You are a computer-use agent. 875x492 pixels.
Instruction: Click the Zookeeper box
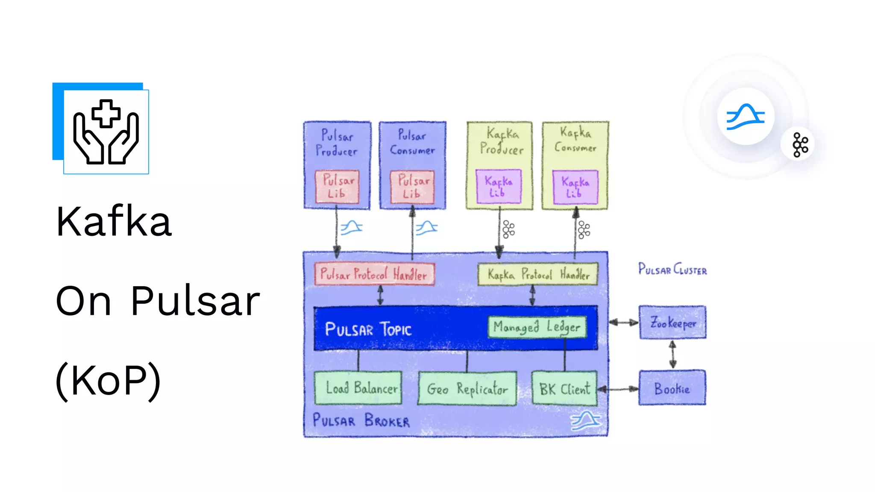672,322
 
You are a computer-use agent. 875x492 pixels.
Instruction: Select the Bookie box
672,388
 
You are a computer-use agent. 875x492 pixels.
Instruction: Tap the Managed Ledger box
537,327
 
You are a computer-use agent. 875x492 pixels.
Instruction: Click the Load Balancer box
358,388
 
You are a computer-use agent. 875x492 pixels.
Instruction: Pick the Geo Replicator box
467,388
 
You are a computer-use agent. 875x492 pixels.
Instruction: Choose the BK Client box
564,388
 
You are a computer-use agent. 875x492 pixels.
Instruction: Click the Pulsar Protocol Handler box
374,274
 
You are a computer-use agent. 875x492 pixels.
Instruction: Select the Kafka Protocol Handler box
538,274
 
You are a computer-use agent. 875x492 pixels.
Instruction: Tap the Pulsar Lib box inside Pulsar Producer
337,187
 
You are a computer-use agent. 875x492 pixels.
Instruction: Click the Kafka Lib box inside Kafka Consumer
575,187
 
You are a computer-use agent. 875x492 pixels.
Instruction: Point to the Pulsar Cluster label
672,269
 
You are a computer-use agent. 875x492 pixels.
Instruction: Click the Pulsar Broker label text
361,420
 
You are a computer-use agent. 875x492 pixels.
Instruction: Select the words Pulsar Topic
368,329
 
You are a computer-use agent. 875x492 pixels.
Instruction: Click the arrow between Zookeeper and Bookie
672,354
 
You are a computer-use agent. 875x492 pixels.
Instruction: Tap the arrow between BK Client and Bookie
618,389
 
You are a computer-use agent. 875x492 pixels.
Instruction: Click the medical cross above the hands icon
106,114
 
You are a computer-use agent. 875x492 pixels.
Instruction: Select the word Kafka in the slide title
114,221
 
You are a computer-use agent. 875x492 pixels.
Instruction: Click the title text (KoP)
108,380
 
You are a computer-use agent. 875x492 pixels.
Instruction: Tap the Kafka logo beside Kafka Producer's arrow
508,229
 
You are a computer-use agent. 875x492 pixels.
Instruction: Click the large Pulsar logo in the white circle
746,116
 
